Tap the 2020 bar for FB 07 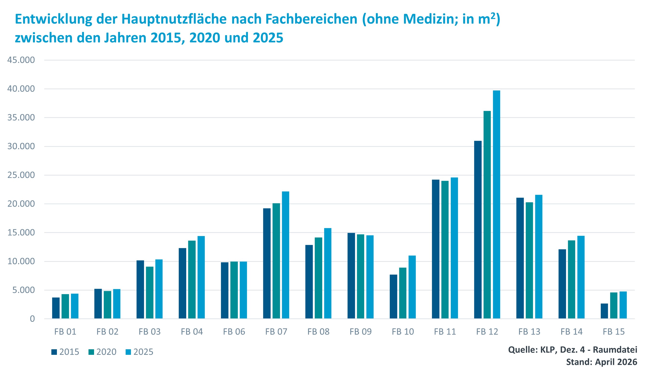276,261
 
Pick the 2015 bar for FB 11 436,249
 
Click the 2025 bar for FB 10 412,287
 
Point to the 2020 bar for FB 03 150,292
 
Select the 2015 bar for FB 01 56,308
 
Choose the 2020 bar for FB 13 529,260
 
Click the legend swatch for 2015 54,352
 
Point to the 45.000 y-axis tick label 21,60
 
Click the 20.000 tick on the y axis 21,204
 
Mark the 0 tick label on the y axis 32,319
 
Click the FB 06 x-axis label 234,332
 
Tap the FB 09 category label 361,332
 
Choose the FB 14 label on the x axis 572,332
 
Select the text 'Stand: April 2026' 601,362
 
